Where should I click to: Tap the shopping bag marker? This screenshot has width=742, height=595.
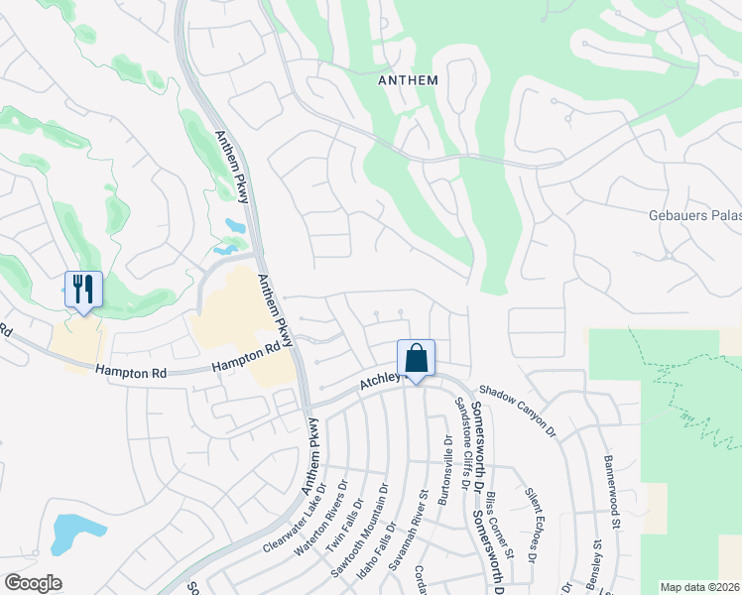(x=417, y=358)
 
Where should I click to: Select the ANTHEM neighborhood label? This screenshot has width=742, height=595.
(x=409, y=79)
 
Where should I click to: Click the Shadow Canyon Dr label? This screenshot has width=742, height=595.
(x=518, y=411)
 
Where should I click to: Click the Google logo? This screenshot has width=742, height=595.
(x=34, y=583)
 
